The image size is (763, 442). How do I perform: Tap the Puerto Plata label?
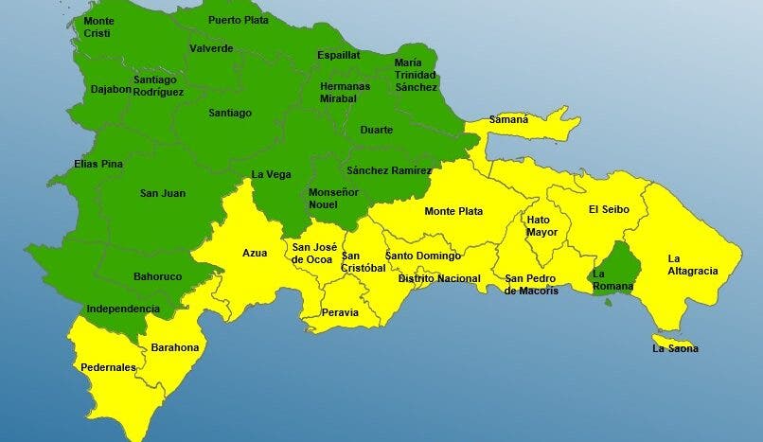pyautogui.click(x=239, y=19)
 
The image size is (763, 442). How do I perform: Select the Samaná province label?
pyautogui.click(x=508, y=120)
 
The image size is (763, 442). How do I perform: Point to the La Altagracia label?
pyautogui.click(x=692, y=264)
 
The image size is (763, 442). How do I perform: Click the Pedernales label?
pyautogui.click(x=108, y=367)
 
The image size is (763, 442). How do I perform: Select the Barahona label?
pyautogui.click(x=175, y=347)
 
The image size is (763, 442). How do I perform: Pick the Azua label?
pyautogui.click(x=255, y=253)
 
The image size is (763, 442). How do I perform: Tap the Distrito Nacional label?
pyautogui.click(x=439, y=278)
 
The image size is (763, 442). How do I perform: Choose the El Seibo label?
pyautogui.click(x=606, y=209)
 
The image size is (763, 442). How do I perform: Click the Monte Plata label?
pyautogui.click(x=453, y=211)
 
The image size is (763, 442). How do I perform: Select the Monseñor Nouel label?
pyautogui.click(x=333, y=198)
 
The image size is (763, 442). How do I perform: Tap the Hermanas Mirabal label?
pyautogui.click(x=344, y=92)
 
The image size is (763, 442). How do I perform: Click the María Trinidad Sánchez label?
pyautogui.click(x=416, y=75)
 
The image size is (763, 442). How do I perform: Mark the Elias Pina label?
pyautogui.click(x=98, y=164)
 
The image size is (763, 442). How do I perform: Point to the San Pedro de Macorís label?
pyautogui.click(x=531, y=284)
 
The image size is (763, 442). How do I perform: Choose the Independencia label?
pyautogui.click(x=123, y=309)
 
